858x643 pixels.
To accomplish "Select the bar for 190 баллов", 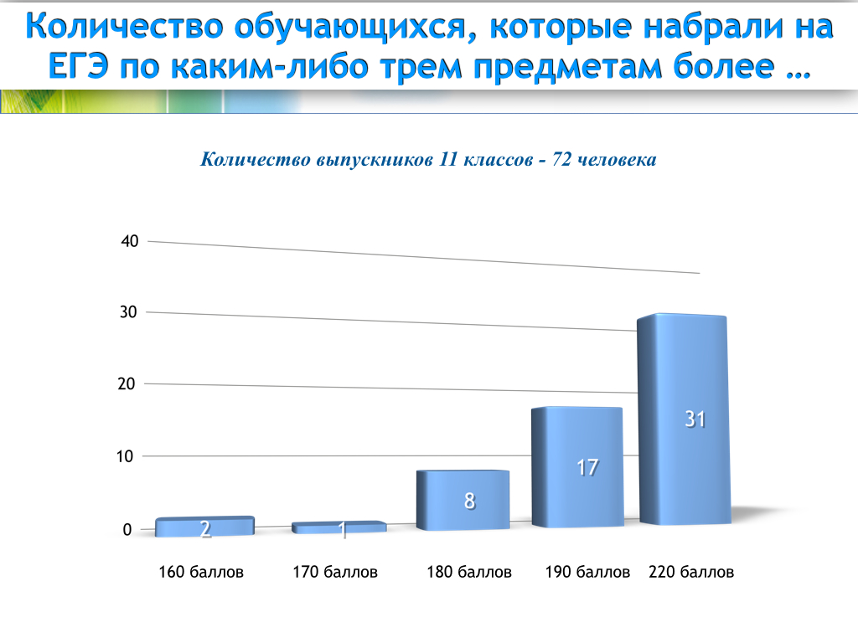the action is click(x=577, y=467).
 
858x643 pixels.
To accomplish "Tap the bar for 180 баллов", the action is click(x=463, y=501).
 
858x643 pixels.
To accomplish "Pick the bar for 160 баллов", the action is click(x=205, y=527).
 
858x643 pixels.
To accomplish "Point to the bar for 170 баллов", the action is click(x=339, y=527).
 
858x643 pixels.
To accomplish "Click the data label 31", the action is click(x=695, y=419).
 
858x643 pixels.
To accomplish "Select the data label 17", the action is click(x=587, y=467).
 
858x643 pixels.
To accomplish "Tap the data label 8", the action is click(x=469, y=501).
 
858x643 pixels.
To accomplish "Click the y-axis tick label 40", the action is click(x=130, y=241).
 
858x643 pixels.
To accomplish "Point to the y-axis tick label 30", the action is click(x=128, y=312).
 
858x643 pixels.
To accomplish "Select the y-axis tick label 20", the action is click(x=127, y=383).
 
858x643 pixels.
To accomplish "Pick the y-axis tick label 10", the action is click(x=125, y=456).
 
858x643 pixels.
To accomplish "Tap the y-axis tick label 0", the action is click(x=127, y=529).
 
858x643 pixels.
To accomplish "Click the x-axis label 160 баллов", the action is click(x=201, y=572).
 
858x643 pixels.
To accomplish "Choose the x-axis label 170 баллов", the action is click(x=335, y=572).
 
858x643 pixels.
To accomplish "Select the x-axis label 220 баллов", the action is click(x=691, y=572).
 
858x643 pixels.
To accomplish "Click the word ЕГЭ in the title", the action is click(x=78, y=66).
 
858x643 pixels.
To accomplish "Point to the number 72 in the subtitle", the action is click(x=561, y=159).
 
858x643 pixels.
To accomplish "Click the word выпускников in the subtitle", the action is click(x=375, y=160).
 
